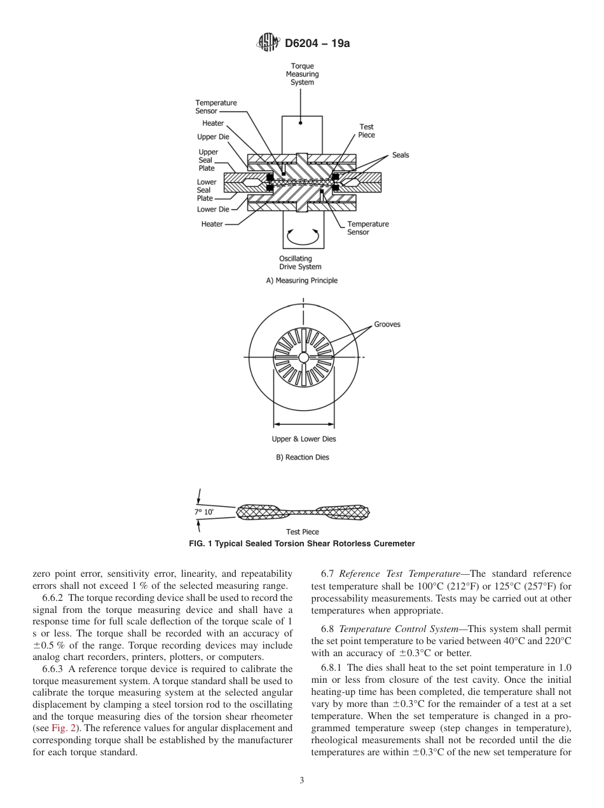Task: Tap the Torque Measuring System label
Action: click(302, 74)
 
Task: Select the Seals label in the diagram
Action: click(401, 155)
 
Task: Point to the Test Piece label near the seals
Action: click(367, 131)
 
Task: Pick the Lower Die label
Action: click(213, 209)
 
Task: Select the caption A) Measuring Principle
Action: click(302, 281)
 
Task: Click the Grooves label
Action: click(387, 325)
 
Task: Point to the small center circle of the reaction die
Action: click(303, 358)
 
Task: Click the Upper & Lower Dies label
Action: click(304, 439)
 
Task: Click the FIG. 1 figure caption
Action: click(302, 543)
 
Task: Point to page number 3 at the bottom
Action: click(302, 781)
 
